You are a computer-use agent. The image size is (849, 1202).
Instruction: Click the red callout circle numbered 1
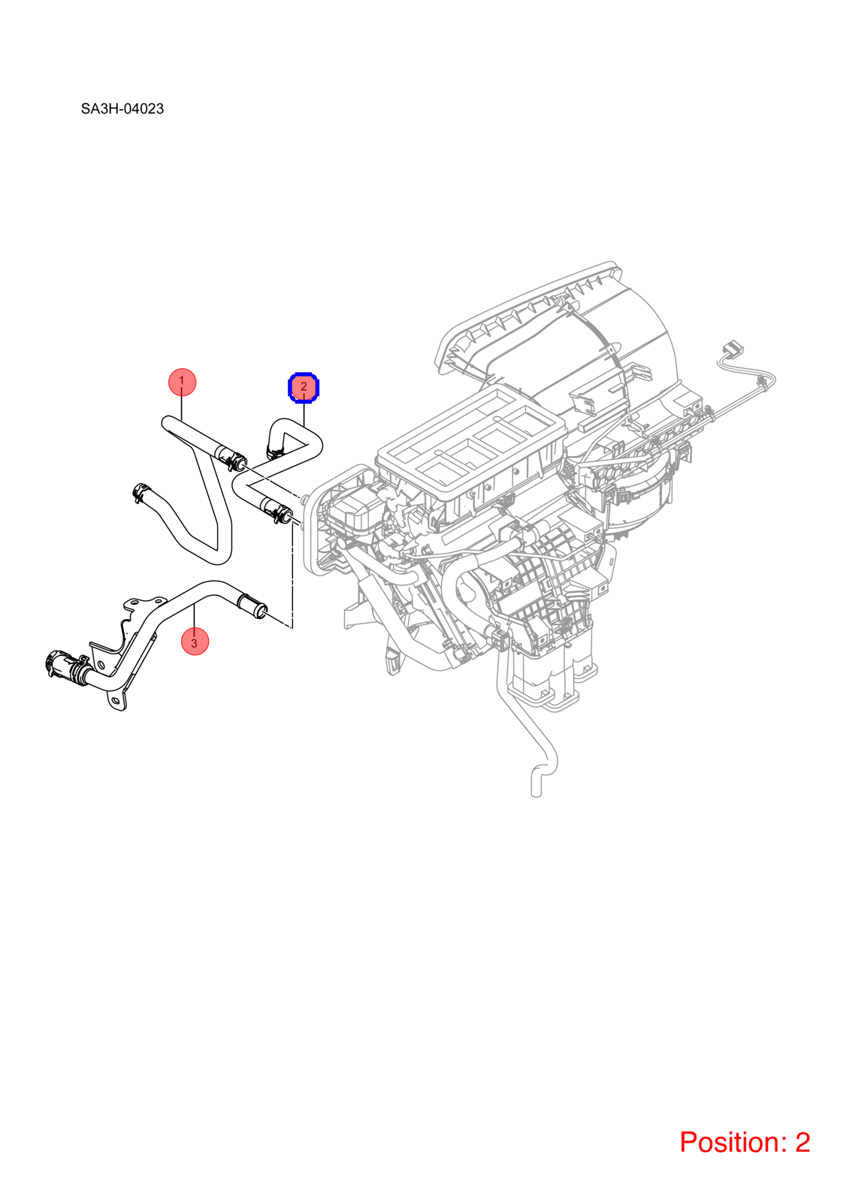(x=182, y=382)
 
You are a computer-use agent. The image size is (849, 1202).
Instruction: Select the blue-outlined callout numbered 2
(x=304, y=387)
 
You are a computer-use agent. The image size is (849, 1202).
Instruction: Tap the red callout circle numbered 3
(x=195, y=642)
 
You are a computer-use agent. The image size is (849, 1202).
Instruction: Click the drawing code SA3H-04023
(x=122, y=109)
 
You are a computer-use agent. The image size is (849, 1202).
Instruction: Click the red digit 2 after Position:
(x=802, y=1141)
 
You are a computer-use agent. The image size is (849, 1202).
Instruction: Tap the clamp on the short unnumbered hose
(x=140, y=491)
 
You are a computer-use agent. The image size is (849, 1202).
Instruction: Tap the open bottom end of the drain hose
(x=536, y=794)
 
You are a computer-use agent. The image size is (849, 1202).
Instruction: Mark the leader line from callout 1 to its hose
(x=182, y=408)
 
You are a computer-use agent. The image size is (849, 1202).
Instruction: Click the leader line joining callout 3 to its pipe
(x=195, y=615)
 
